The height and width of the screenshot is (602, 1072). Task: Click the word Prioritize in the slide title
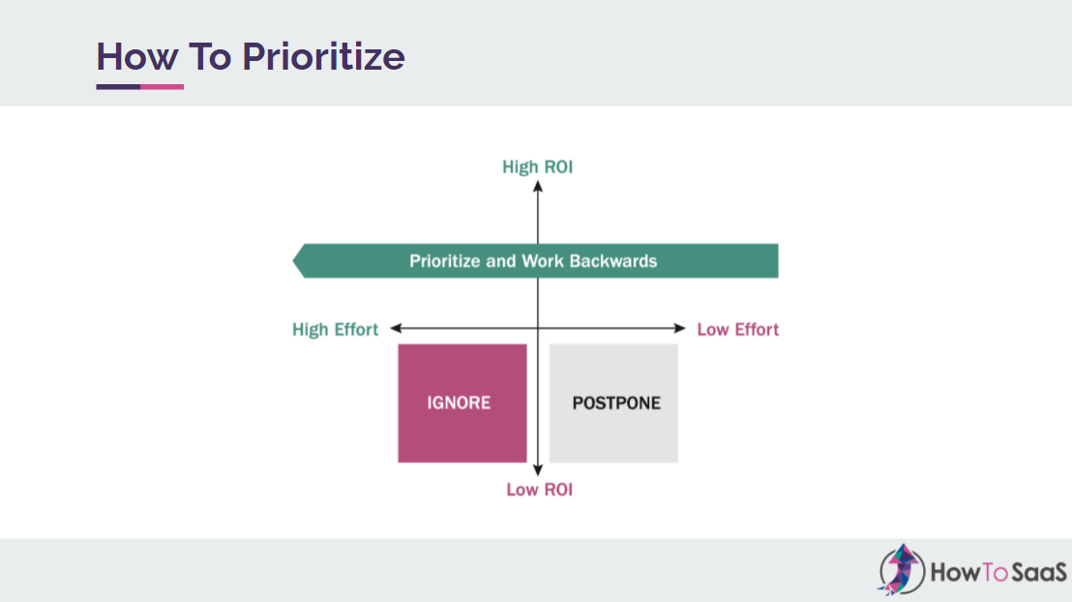(x=323, y=57)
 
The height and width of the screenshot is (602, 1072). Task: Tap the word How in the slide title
(x=137, y=57)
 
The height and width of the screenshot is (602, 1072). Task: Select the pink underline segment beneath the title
(x=162, y=87)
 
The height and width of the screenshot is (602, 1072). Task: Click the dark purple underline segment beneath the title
(x=118, y=87)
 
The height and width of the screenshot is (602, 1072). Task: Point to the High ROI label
(x=537, y=166)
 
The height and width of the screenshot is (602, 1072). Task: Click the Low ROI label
(x=540, y=490)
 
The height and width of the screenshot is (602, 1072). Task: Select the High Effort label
(x=335, y=330)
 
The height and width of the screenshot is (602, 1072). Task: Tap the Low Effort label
(x=737, y=330)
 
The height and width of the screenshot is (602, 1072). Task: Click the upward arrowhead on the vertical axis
(x=538, y=186)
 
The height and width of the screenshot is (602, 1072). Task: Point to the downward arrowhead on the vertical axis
(x=538, y=470)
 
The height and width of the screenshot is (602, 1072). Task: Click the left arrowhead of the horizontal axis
(x=395, y=328)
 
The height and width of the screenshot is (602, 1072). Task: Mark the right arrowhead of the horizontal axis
(x=680, y=328)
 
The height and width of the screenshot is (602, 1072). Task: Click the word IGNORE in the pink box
(x=459, y=403)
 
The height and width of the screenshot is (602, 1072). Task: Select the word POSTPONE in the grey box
(x=616, y=403)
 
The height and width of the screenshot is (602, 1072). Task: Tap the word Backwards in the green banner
(x=613, y=261)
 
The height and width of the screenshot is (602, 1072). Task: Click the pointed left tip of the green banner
(x=293, y=260)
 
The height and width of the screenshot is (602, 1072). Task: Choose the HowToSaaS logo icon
(x=901, y=570)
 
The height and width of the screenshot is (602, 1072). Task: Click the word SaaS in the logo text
(x=1038, y=572)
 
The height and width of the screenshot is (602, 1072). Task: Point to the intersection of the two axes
(x=538, y=328)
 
